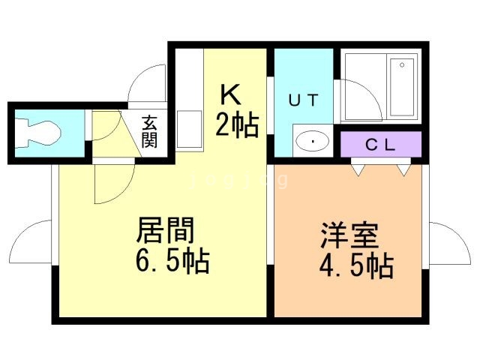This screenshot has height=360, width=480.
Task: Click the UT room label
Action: click(x=304, y=100)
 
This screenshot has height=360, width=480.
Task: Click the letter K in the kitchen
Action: click(x=230, y=94)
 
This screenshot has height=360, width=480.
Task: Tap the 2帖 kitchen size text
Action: click(x=237, y=124)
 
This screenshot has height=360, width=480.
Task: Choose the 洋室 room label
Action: click(x=349, y=235)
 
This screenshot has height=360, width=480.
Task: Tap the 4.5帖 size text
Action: click(x=356, y=266)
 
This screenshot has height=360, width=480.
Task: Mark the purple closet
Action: click(x=381, y=145)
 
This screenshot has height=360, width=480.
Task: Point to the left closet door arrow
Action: click(x=358, y=170)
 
